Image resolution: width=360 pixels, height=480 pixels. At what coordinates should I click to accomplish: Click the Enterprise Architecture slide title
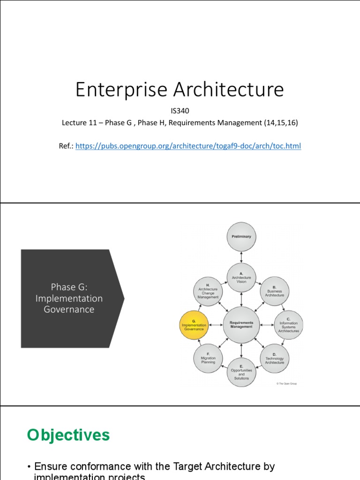click(x=180, y=90)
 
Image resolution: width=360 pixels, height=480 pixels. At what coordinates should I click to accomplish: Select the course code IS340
click(x=180, y=111)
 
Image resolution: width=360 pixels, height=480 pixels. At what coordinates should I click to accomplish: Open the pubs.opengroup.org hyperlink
click(x=188, y=146)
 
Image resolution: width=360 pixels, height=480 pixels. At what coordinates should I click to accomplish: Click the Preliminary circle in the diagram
click(x=241, y=237)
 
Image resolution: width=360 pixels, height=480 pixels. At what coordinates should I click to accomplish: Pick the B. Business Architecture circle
click(x=274, y=291)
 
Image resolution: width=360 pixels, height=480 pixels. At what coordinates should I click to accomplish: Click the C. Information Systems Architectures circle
click(x=288, y=325)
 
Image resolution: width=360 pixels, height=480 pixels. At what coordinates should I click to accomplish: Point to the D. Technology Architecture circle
click(x=274, y=359)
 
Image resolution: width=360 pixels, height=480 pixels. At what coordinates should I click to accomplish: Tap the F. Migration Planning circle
click(x=208, y=359)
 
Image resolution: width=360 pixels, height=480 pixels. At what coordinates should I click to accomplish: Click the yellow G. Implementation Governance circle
click(x=194, y=325)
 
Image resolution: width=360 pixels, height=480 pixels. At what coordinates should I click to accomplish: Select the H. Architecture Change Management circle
click(x=208, y=291)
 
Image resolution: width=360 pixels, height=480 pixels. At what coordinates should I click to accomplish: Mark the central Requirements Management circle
click(x=241, y=325)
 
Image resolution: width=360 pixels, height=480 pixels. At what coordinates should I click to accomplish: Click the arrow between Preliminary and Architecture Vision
click(x=241, y=257)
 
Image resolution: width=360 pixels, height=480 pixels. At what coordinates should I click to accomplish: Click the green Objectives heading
click(x=68, y=435)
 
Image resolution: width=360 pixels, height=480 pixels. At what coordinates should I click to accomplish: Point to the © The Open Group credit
click(x=286, y=383)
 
